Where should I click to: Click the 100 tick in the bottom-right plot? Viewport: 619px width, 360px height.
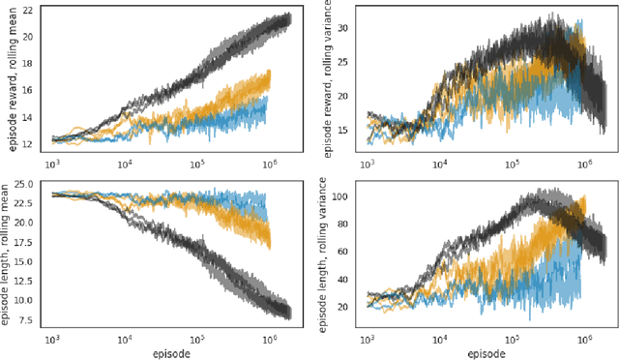click(x=337, y=195)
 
